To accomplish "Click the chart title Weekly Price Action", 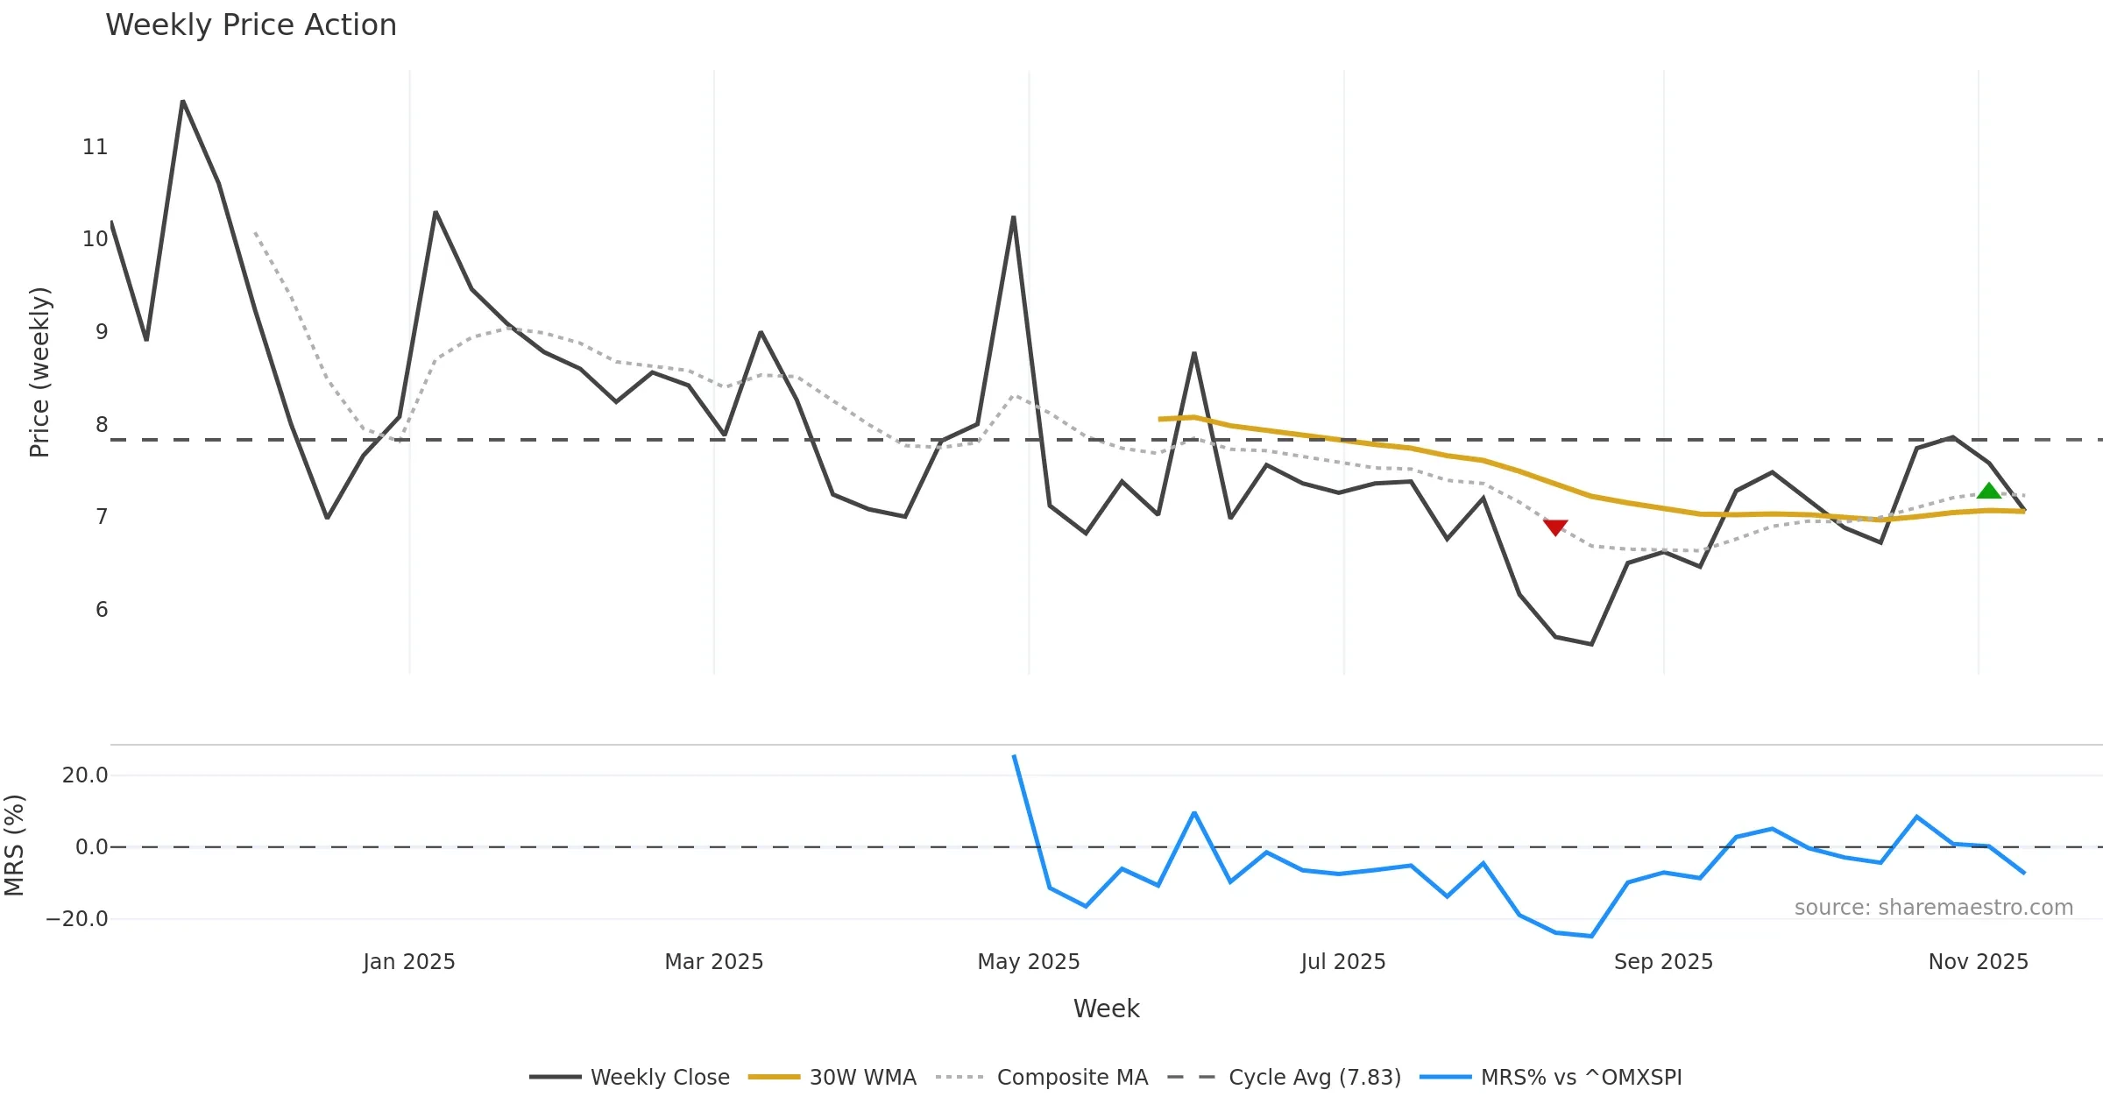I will (251, 25).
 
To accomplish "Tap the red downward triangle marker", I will (1555, 527).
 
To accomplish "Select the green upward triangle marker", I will (1989, 491).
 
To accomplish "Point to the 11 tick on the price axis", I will (96, 147).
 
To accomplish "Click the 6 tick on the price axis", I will (102, 610).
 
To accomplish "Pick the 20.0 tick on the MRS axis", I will (85, 775).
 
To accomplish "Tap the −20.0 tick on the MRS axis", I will (77, 919).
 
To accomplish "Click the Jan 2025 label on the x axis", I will (409, 962).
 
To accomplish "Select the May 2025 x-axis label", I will (1029, 962).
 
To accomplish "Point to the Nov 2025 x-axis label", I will (1979, 962).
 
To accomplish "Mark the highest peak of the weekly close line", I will (182, 102).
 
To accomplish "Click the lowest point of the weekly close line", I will (1591, 644).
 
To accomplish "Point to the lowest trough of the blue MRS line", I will (1591, 936).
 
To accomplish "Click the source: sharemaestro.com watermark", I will (1933, 907).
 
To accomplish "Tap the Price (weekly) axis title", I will (39, 372).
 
